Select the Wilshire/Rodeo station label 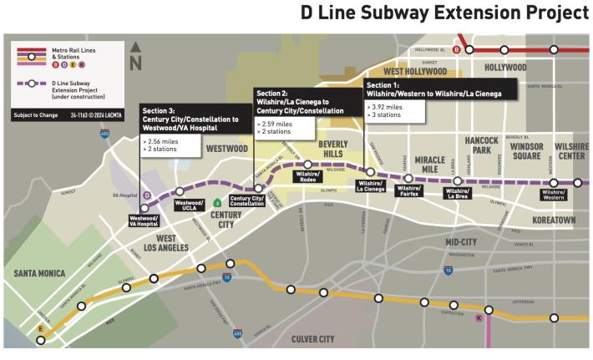307,178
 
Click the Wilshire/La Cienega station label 370,185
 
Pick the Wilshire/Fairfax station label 408,192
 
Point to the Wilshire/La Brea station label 457,194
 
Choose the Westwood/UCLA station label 189,205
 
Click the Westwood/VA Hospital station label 144,221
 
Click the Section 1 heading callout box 433,90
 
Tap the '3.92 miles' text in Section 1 389,107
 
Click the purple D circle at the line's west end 147,195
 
